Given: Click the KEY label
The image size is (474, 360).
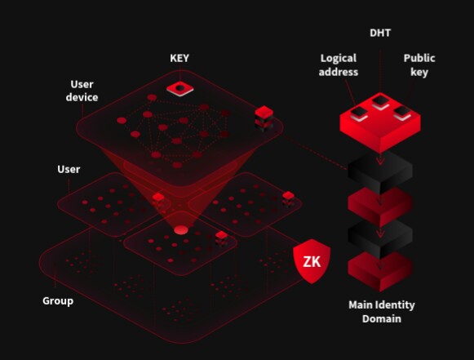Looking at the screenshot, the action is (x=179, y=58).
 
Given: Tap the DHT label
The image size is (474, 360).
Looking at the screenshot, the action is (x=380, y=33).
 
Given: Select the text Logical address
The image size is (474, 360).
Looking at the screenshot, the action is (x=339, y=65).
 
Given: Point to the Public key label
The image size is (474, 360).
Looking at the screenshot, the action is (x=419, y=65).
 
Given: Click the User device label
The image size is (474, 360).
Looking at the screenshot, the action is (x=82, y=91).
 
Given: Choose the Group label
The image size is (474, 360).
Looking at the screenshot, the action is (x=58, y=301).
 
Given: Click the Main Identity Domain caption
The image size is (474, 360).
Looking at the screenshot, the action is (x=382, y=312).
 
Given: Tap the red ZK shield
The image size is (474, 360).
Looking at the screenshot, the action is (x=312, y=261).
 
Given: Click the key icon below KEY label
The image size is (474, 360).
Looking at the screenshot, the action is (x=179, y=88).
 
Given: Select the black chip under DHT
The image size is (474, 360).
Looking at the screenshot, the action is (x=380, y=101).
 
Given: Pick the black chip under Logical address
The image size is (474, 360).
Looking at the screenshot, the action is (x=359, y=113).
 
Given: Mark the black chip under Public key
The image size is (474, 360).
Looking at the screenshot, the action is (x=402, y=113).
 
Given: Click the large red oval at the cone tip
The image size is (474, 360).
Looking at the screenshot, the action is (x=181, y=230).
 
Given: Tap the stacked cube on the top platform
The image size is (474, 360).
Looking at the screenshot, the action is (x=264, y=118).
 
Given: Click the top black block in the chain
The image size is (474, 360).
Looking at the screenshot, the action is (x=380, y=172).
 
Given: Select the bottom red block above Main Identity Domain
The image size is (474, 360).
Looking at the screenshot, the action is (x=380, y=271).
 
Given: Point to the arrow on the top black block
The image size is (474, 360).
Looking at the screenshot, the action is (x=380, y=160).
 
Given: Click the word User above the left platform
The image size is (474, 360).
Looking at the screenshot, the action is (x=69, y=169).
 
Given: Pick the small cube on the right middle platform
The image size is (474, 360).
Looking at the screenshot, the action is (x=288, y=198).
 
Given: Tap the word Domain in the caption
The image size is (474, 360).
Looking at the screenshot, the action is (x=382, y=319).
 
